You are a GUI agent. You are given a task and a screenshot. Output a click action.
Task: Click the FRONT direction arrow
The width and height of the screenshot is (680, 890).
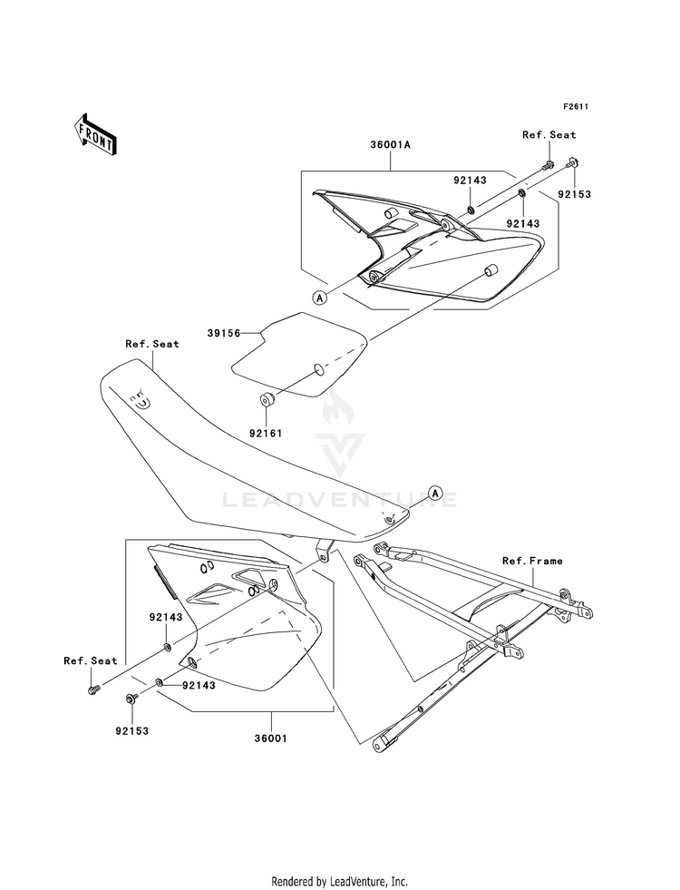pyautogui.click(x=95, y=134)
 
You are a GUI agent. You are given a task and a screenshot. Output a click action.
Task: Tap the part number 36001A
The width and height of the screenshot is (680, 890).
pyautogui.click(x=390, y=145)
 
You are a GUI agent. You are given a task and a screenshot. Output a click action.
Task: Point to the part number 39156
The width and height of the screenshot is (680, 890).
pyautogui.click(x=223, y=333)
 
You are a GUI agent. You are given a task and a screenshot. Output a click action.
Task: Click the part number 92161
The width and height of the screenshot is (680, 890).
pyautogui.click(x=266, y=433)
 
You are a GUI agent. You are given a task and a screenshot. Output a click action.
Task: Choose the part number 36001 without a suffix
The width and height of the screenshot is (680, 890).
pyautogui.click(x=270, y=738)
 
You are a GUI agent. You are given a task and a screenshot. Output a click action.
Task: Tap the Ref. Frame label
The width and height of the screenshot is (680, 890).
pyautogui.click(x=532, y=561)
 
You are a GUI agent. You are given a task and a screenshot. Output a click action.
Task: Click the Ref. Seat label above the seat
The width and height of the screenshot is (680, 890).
pyautogui.click(x=152, y=344)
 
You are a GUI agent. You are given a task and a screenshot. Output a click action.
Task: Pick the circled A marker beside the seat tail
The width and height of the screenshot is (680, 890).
pyautogui.click(x=435, y=494)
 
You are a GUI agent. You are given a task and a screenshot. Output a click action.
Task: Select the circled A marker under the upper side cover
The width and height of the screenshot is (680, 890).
pyautogui.click(x=320, y=297)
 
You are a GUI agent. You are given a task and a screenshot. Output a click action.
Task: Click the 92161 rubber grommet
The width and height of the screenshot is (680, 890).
pyautogui.click(x=267, y=399)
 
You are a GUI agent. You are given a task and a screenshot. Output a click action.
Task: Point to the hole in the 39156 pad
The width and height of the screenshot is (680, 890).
pyautogui.click(x=319, y=369)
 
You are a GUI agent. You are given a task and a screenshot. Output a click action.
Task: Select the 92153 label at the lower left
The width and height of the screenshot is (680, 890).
pyautogui.click(x=131, y=731)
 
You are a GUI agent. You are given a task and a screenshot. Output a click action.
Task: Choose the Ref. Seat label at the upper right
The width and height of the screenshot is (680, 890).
pyautogui.click(x=549, y=134)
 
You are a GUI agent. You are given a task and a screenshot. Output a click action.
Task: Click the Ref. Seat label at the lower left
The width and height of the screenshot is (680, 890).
pyautogui.click(x=91, y=660)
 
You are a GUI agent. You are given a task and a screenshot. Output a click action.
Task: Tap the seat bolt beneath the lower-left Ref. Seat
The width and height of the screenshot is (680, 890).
pyautogui.click(x=93, y=689)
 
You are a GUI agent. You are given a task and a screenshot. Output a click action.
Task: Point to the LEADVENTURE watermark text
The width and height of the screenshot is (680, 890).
pyautogui.click(x=340, y=500)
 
